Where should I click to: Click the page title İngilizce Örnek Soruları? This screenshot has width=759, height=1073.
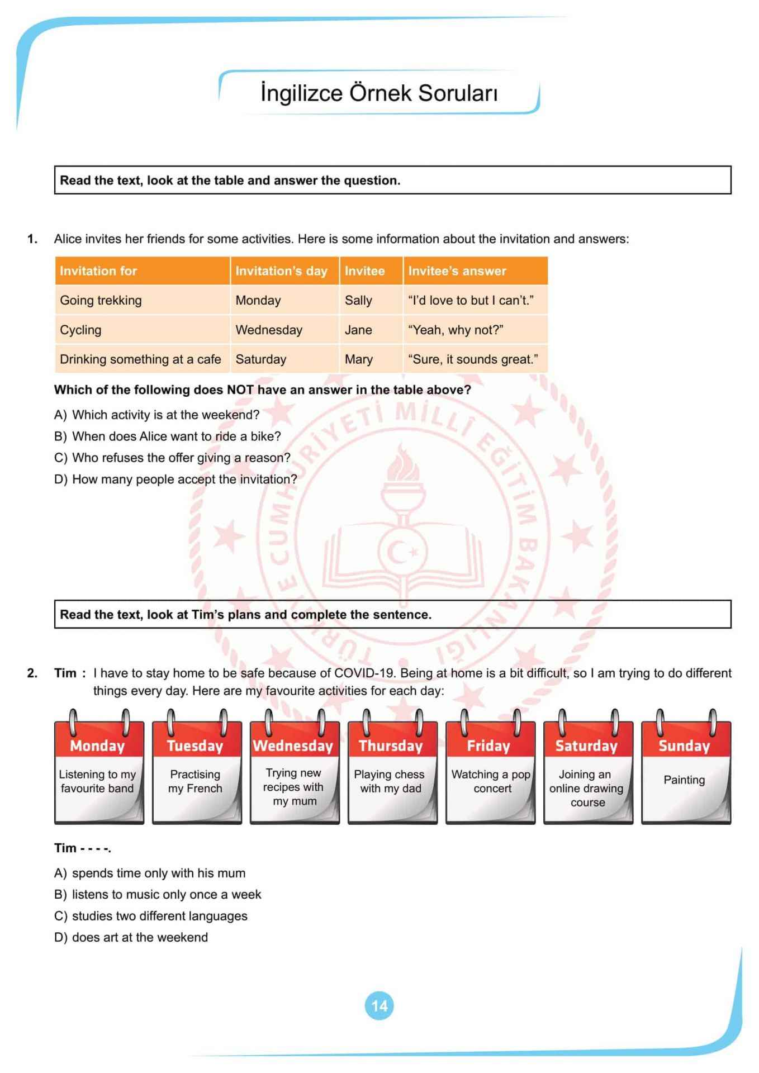coord(379,93)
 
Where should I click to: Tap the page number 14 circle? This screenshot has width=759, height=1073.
coord(379,1005)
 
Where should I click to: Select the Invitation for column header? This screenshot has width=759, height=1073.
coord(98,271)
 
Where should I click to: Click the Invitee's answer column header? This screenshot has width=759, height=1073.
coord(457,271)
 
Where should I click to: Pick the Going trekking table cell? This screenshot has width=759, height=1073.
coord(101,300)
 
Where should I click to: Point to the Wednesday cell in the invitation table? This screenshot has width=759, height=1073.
coord(269,330)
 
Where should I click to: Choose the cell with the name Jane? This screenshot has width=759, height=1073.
coord(358,330)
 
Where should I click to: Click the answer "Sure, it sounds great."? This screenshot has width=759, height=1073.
coord(473,359)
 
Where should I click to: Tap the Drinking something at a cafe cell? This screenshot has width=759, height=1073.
coord(140,359)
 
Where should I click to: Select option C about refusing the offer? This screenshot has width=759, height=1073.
coord(172,458)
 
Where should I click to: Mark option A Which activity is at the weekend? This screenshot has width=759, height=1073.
coord(157,415)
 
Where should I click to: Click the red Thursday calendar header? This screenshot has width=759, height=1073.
coord(391,746)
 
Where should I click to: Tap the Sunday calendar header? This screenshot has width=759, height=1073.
coord(684,746)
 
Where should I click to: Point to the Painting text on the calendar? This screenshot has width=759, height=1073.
coord(684,780)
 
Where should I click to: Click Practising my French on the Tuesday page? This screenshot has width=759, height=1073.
coord(195,781)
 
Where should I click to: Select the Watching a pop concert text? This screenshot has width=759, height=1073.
coord(491,781)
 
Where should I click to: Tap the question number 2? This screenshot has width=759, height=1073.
coord(32,673)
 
